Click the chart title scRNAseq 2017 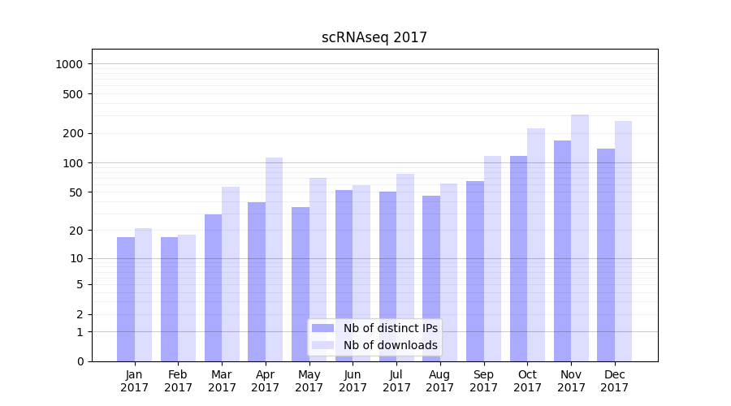coord(374,37)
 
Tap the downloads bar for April coord(274,259)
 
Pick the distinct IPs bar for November coord(562,251)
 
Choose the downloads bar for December coord(623,241)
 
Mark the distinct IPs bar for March coord(213,287)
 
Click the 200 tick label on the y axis coord(74,133)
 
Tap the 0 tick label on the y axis coord(80,361)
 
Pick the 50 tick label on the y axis coord(76,192)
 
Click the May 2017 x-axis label coord(309,381)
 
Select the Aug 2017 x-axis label coord(440,381)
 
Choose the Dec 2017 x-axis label coord(615,381)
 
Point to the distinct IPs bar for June coord(344,275)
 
